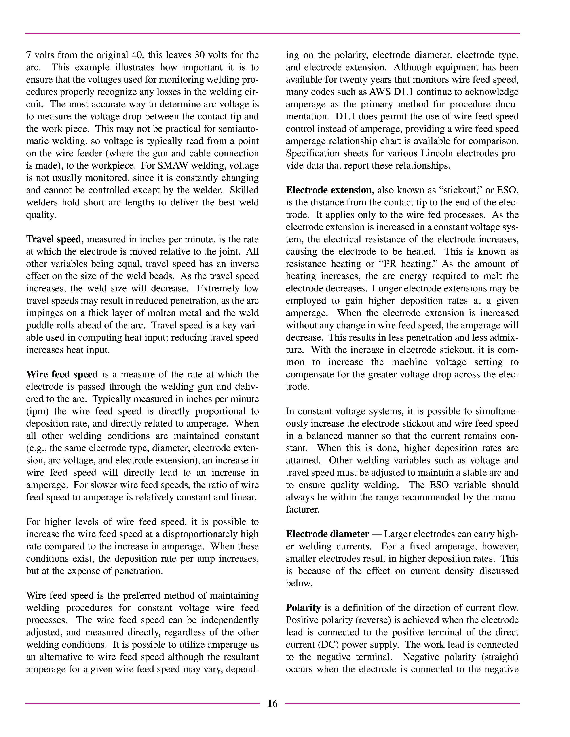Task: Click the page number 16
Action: point(272,703)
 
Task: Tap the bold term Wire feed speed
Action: point(62,375)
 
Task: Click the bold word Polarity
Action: point(303,608)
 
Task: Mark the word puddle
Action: point(38,325)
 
